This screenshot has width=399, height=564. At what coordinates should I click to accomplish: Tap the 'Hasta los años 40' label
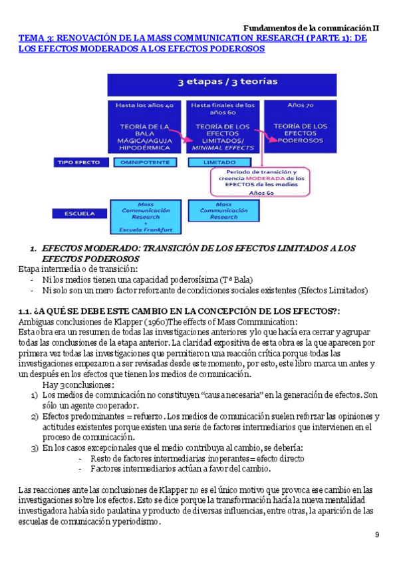(x=145, y=105)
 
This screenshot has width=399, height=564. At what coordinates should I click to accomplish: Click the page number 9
(x=377, y=535)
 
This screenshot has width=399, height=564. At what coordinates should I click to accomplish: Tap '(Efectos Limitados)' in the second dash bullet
(x=332, y=290)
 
